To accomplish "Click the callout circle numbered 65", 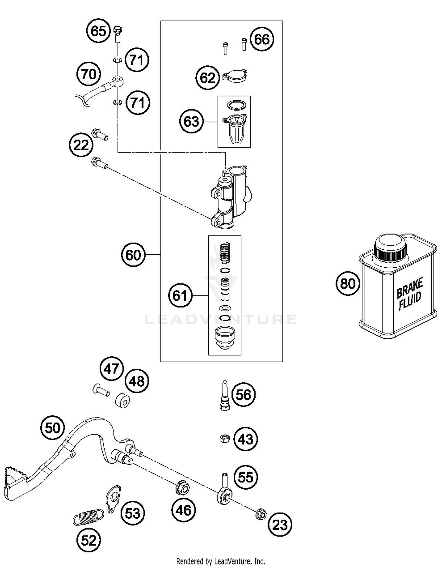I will (98, 31).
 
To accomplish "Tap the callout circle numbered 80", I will (348, 284).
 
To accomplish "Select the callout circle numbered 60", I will (133, 255).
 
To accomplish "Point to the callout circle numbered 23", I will (280, 525).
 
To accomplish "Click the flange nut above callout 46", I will (182, 489).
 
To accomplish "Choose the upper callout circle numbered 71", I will (137, 60).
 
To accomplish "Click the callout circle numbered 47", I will (111, 369).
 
